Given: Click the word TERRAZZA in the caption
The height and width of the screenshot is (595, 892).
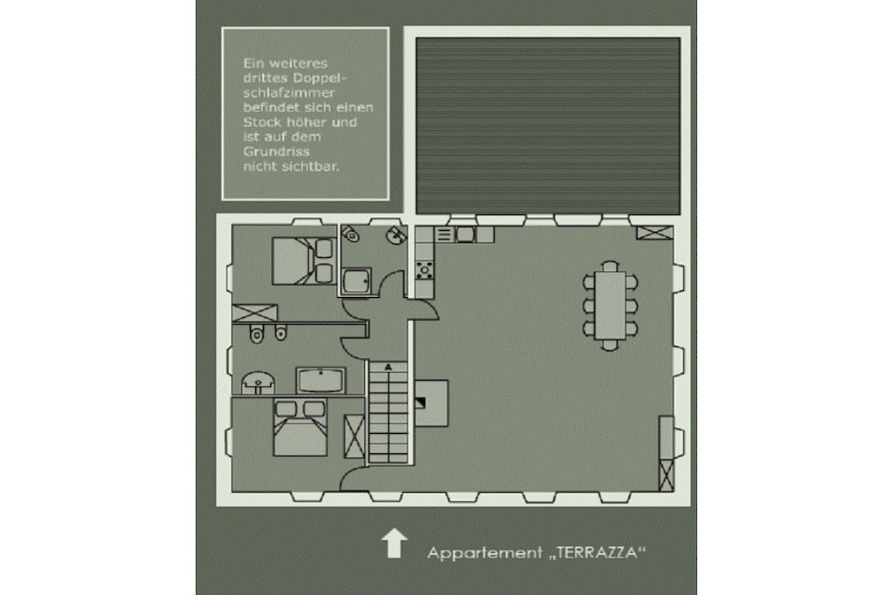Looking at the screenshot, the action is tap(600, 552).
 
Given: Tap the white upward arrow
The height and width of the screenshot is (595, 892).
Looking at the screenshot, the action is tap(394, 543).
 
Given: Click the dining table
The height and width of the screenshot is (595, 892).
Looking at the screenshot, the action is tap(610, 306).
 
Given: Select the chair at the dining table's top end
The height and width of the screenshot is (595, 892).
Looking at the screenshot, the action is tap(610, 266).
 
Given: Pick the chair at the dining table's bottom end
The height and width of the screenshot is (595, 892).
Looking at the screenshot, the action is tap(610, 345).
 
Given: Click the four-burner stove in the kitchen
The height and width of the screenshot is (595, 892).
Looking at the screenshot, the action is tap(424, 270).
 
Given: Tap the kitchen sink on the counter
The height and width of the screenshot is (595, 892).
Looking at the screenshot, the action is tap(464, 234).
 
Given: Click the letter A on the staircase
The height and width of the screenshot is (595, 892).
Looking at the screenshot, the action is tap(389, 368).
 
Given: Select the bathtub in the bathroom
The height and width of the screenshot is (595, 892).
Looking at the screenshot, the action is tap(321, 380).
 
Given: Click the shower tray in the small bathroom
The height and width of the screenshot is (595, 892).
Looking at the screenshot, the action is tap(357, 281).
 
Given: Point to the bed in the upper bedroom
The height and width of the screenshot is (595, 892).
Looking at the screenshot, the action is tap(302, 260).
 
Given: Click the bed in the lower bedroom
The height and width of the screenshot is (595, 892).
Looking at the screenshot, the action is tap(301, 427).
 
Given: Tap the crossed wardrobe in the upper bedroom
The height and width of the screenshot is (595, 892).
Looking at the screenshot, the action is tap(254, 314).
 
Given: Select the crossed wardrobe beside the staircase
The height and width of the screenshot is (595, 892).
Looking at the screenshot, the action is tap(355, 436).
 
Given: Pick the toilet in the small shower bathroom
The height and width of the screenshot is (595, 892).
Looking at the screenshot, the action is tap(350, 233).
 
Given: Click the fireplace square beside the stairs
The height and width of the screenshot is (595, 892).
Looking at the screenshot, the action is tap(431, 403).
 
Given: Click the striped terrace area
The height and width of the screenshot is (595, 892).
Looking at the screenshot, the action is tap(548, 125).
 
